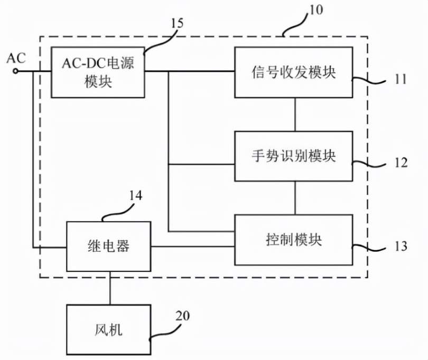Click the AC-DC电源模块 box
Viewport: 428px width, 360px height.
[98, 72]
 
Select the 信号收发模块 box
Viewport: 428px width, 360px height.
[294, 72]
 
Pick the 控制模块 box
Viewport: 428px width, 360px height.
[294, 240]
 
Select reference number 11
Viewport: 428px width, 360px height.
[401, 80]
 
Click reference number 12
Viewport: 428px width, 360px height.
[401, 163]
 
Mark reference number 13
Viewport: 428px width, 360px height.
[401, 246]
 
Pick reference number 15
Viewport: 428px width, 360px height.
[177, 23]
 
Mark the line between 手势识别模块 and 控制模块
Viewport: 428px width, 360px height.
[294, 197]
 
